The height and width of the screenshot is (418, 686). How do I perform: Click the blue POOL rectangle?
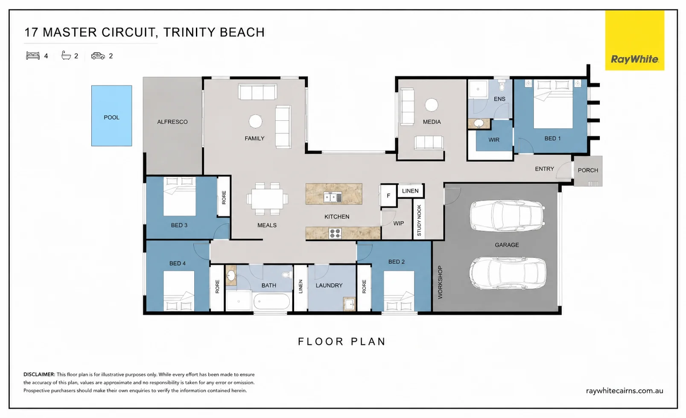(111, 116)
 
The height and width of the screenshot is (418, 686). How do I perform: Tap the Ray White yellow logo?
(635, 41)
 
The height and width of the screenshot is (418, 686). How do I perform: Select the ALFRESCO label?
(172, 122)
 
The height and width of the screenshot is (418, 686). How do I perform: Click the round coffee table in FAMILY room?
(255, 121)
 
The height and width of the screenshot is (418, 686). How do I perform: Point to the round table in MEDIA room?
(432, 105)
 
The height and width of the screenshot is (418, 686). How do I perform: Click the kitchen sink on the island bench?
(333, 198)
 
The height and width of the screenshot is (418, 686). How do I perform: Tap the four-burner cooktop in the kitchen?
(335, 234)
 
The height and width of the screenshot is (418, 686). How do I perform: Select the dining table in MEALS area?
(267, 199)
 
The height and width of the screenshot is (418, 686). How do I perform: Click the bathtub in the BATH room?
(271, 301)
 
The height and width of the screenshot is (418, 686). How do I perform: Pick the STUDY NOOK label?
(419, 220)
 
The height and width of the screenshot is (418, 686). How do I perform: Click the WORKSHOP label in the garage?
(440, 282)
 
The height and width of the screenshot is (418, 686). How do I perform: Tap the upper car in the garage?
(508, 216)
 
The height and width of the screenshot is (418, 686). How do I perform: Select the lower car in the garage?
(508, 273)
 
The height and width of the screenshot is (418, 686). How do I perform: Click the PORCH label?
(588, 170)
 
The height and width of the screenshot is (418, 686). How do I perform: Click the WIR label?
(493, 140)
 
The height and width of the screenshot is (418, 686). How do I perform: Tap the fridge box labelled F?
(388, 196)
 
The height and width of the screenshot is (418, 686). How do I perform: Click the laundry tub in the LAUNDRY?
(349, 304)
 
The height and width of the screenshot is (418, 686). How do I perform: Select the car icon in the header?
(98, 56)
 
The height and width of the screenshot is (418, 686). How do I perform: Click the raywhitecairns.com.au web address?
(625, 391)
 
